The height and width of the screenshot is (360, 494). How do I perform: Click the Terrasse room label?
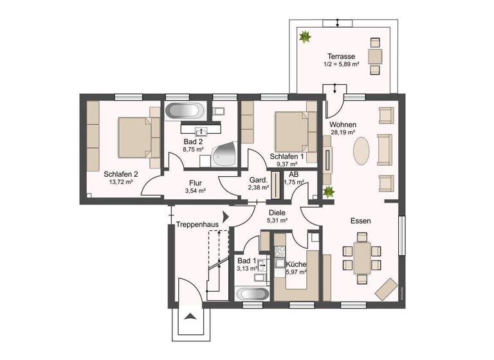click(x=340, y=57)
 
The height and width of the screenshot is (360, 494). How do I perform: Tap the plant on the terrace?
click(x=303, y=37)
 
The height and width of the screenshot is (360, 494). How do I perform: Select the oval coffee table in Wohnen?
click(x=363, y=150)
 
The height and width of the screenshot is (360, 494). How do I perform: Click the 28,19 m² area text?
click(x=343, y=133)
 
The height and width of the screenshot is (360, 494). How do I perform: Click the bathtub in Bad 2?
click(x=185, y=111)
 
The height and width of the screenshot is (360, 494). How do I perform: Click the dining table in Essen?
click(x=362, y=256)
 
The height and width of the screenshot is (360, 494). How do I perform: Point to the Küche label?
click(x=297, y=264)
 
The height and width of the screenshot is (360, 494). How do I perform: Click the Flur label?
click(x=195, y=183)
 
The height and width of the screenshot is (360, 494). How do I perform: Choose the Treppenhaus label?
click(x=197, y=225)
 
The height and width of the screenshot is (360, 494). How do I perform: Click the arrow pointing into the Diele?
click(x=225, y=217)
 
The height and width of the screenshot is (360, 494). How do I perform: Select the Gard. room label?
click(x=258, y=180)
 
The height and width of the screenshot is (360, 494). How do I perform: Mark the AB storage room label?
click(x=293, y=174)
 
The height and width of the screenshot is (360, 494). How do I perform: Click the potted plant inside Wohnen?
click(x=329, y=191)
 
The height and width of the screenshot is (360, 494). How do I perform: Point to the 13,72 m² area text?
click(x=120, y=182)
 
